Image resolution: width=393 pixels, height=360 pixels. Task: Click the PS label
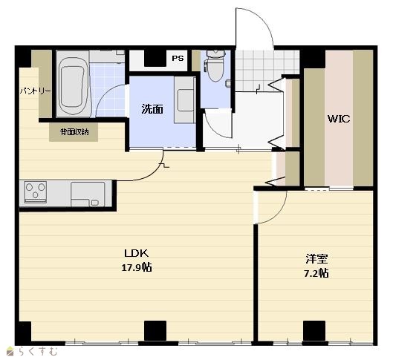coord(178,59)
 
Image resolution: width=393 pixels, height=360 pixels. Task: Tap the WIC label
coord(339,119)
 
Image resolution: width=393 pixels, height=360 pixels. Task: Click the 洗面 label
coord(152,109)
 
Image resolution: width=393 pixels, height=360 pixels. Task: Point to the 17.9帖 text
coord(137,268)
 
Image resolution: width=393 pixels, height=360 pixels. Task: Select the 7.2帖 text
coord(316,273)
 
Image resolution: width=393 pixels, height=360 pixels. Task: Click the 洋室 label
coord(316,259)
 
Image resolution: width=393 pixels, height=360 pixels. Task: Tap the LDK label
coord(137,253)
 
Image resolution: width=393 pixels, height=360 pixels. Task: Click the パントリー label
coord(36,91)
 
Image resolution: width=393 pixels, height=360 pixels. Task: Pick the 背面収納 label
coord(74,132)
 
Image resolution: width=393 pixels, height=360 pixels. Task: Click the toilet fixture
coord(215,65)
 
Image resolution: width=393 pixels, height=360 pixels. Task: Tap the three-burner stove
coord(36,192)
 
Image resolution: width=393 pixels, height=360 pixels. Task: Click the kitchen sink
coord(88,194)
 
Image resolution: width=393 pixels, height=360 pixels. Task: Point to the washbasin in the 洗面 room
coord(186,100)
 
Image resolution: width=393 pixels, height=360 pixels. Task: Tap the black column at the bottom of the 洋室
coord(314,330)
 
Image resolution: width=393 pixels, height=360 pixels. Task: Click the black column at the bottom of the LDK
coord(155,330)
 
